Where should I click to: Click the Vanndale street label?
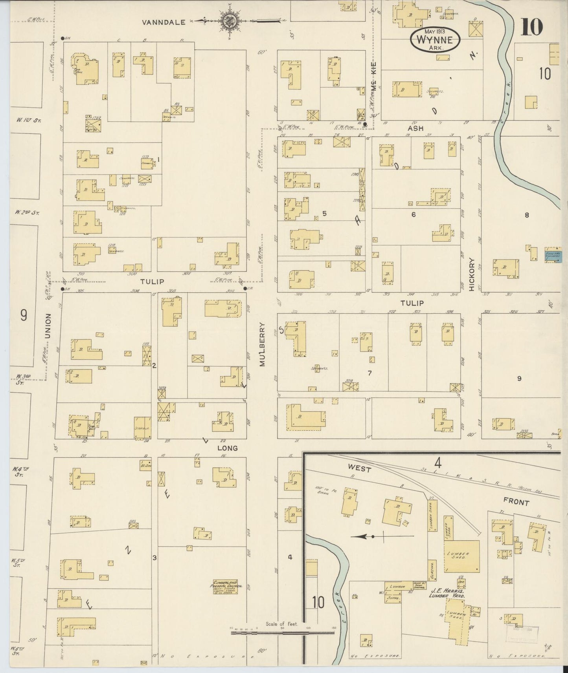pos(164,22)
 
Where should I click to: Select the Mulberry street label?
pos(263,344)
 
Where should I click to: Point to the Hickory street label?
pos(472,274)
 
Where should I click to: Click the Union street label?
pos(48,326)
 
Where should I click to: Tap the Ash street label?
pos(415,128)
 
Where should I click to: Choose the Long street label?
pos(228,448)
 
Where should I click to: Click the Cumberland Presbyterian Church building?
pos(225,587)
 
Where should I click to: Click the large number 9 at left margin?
pos(24,315)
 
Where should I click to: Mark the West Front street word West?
pos(359,469)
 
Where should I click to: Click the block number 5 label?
pos(324,214)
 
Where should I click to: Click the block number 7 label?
pos(369,373)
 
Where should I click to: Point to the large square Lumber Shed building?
pos(461,556)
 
